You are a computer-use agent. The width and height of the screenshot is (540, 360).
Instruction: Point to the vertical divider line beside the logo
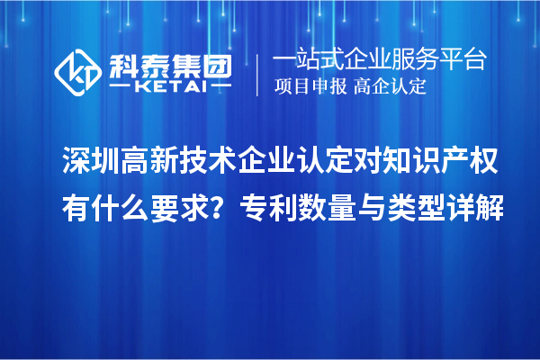pos(258,71)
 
